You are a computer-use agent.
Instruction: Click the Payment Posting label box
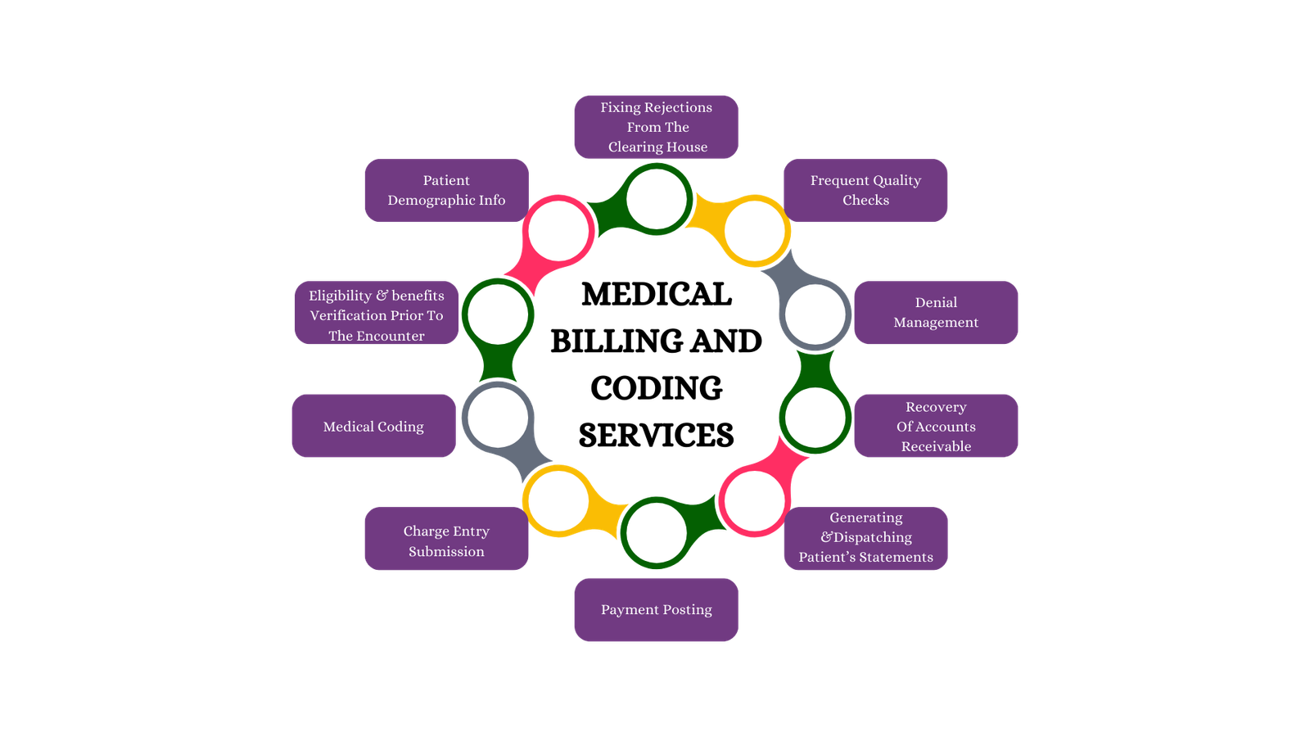pos(656,609)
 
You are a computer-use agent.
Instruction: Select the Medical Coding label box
pos(373,426)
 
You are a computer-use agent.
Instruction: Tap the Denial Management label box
pos(936,312)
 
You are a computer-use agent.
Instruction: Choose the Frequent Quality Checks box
pos(865,190)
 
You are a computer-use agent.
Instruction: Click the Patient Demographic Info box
pos(446,190)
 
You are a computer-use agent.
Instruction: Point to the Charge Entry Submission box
pos(446,540)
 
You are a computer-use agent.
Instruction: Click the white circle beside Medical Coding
pos(498,418)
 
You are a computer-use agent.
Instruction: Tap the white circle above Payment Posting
pos(656,533)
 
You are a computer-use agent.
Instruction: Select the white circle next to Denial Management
pos(815,314)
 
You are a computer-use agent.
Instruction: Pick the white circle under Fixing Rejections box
pos(657,199)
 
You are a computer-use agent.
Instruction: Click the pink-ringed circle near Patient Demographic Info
pos(558,231)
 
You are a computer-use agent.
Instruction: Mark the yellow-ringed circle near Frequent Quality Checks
pos(755,231)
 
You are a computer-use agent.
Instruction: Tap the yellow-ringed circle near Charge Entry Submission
pos(558,500)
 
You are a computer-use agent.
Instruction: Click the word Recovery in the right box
pos(936,407)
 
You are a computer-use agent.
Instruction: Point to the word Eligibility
pos(340,296)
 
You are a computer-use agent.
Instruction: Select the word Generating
pos(865,518)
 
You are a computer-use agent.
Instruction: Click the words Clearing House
pos(657,147)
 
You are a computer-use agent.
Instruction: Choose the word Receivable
pos(936,446)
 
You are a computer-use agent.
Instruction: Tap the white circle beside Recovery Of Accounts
pos(815,418)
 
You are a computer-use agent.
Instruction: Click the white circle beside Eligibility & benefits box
pos(498,314)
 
